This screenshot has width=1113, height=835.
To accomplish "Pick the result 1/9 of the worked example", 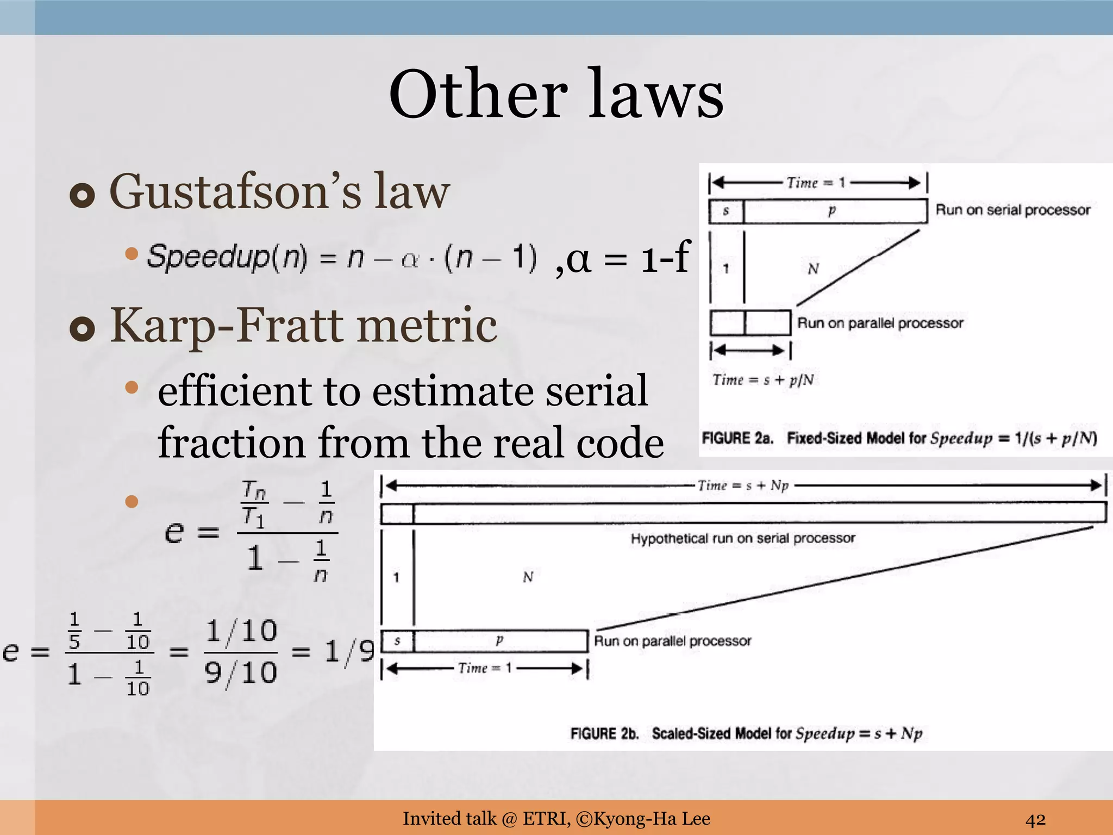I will pos(350,651).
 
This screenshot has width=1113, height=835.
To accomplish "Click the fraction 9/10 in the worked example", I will pos(241,673).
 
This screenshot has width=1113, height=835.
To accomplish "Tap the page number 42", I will pos(1035,819).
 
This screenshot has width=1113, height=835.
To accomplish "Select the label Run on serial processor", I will pos(1013,210).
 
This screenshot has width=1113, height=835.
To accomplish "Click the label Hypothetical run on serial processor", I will pos(743,538).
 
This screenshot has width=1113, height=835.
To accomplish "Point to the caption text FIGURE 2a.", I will pos(737,438).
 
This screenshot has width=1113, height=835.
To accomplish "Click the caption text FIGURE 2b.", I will pos(604,734).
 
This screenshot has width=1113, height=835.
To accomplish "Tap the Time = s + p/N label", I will pos(763,379).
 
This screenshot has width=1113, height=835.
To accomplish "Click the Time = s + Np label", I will pos(743,485).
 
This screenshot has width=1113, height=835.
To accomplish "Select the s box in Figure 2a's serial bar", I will pos(726,211).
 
